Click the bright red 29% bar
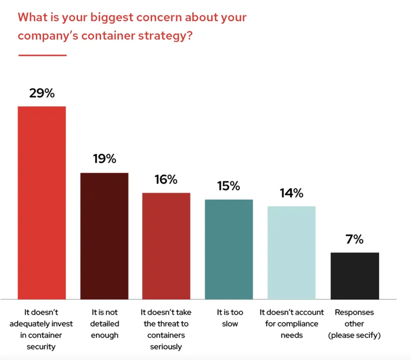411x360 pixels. [x=42, y=203]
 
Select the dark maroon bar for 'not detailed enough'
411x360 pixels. [x=104, y=236]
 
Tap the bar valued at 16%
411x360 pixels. [x=166, y=246]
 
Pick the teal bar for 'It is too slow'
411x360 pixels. [x=229, y=249]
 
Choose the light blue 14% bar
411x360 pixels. [x=291, y=253]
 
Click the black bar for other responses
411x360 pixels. [x=354, y=276]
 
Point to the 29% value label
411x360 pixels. [x=42, y=94]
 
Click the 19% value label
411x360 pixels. [x=104, y=159]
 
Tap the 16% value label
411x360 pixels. [x=166, y=179]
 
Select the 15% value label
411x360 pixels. [x=229, y=186]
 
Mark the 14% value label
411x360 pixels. [x=291, y=193]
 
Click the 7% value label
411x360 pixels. [x=354, y=239]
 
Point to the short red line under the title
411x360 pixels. [x=42, y=55]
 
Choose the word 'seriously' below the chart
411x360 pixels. [x=166, y=347]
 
